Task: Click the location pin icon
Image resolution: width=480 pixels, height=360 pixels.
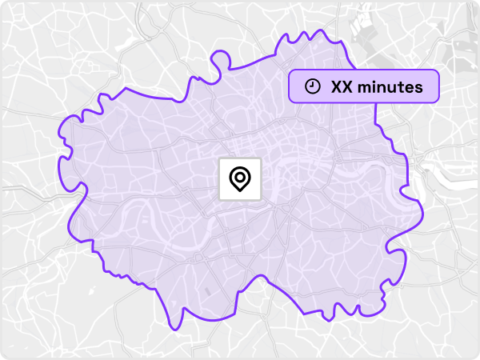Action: coord(239,178)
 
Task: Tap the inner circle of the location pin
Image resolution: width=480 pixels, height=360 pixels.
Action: coord(239,176)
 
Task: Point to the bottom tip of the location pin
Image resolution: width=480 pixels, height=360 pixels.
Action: coord(239,191)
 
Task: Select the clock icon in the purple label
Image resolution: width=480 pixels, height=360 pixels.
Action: coord(314,86)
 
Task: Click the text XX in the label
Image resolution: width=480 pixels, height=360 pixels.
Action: coord(342,87)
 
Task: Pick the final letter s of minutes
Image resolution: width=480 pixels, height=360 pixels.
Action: coord(418,87)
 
